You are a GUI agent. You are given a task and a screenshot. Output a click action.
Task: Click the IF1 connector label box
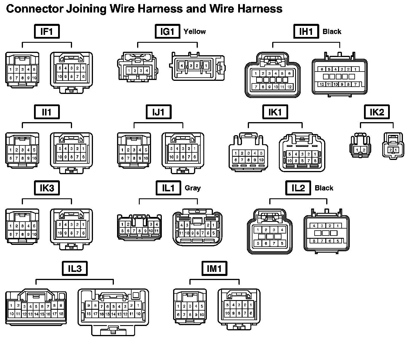coord(47,31)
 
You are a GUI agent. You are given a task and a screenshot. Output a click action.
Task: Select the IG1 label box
coord(167,31)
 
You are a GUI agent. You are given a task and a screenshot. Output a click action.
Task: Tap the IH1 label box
coord(306,31)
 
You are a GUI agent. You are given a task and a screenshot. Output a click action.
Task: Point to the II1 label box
coord(47,112)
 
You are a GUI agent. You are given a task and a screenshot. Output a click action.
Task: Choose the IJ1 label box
coord(159,112)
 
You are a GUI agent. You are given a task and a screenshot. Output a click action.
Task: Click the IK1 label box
coord(275,112)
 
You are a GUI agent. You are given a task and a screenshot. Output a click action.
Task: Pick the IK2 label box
coord(377,112)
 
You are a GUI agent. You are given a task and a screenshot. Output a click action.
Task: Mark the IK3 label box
coord(47,188)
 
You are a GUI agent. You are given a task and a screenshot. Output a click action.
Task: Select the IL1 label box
coord(168,188)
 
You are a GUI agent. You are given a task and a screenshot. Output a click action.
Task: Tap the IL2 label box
coord(298,188)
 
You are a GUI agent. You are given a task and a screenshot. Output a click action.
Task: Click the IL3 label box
coord(75,268)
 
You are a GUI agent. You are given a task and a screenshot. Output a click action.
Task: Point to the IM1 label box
coord(214,268)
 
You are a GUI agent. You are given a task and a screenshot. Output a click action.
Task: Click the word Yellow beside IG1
coord(195,32)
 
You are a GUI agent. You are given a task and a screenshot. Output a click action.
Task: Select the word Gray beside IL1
coord(193,188)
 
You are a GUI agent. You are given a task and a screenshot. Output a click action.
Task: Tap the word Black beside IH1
coord(332,32)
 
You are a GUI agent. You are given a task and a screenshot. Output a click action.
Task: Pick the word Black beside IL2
coord(324,188)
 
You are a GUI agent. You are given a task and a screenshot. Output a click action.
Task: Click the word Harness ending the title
coord(260,9)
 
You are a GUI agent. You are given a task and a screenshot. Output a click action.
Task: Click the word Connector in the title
coord(35,9)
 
